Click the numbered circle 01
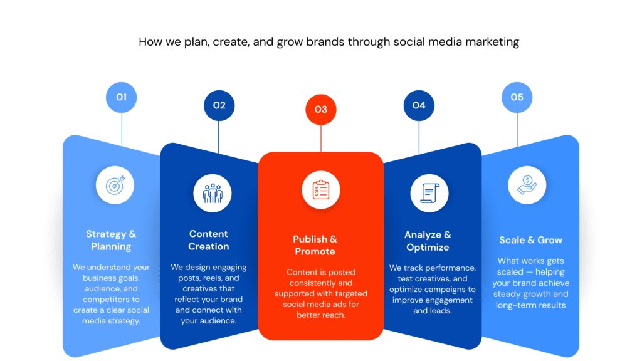[x=121, y=97]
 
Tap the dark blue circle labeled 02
[x=219, y=105]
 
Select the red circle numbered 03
[x=321, y=110]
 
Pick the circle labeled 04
[x=419, y=105]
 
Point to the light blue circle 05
[x=517, y=97]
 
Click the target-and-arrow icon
[x=115, y=186]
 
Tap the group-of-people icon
[x=213, y=193]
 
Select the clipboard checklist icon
[x=321, y=190]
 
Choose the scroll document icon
[x=429, y=193]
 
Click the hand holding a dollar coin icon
[x=527, y=185]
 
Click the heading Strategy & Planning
[x=111, y=240]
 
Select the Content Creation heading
[x=208, y=240]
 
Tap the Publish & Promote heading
[x=315, y=245]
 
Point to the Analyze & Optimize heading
[x=428, y=241]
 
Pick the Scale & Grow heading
[x=530, y=240]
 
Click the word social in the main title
[x=408, y=42]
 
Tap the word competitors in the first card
[x=106, y=300]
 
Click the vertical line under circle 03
[x=321, y=139]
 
